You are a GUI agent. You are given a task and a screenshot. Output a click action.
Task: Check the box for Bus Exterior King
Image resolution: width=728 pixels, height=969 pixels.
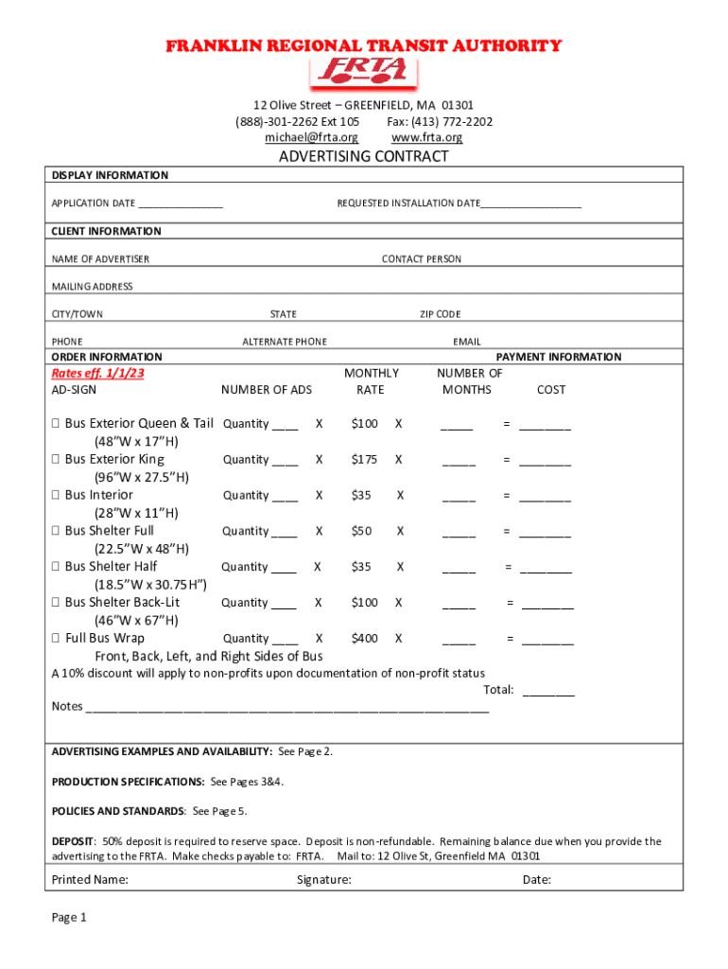pyautogui.click(x=56, y=460)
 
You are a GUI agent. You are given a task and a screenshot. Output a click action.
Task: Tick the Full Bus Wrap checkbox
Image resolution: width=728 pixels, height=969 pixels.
pyautogui.click(x=56, y=639)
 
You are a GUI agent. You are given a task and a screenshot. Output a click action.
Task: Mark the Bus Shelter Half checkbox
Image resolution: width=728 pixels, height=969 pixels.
pyautogui.click(x=56, y=567)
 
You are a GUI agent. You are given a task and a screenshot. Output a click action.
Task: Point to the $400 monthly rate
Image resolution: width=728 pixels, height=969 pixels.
pyautogui.click(x=364, y=639)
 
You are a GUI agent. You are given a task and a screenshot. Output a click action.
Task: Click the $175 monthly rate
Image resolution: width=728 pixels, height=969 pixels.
pyautogui.click(x=364, y=460)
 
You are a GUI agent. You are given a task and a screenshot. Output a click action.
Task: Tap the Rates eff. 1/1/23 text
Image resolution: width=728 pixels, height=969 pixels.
pyautogui.click(x=98, y=374)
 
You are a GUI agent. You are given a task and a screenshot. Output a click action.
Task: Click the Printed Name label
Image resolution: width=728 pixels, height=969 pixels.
pyautogui.click(x=90, y=879)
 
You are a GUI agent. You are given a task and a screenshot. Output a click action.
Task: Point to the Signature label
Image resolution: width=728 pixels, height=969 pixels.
pyautogui.click(x=323, y=879)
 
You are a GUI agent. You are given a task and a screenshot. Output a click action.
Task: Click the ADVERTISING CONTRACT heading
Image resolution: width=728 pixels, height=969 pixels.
pyautogui.click(x=364, y=157)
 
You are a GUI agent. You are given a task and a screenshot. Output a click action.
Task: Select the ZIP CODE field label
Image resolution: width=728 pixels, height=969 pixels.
pyautogui.click(x=441, y=314)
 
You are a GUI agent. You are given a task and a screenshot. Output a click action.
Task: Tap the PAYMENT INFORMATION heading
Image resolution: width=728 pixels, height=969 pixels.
pyautogui.click(x=559, y=357)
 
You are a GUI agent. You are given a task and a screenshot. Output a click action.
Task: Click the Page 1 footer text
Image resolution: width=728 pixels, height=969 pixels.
pyautogui.click(x=69, y=917)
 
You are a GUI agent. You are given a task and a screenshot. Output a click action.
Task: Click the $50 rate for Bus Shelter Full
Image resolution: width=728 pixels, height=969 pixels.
pyautogui.click(x=361, y=532)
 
